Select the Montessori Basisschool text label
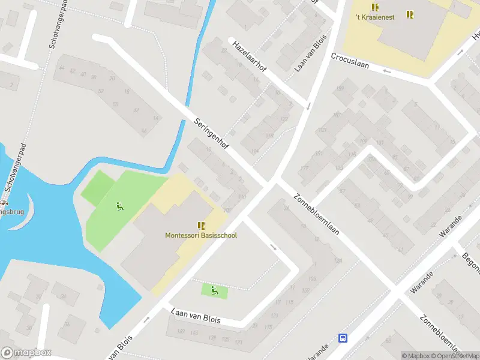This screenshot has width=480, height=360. point(201,235)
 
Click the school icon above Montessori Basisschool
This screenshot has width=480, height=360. point(201,226)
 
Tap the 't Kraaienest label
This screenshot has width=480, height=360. point(375,17)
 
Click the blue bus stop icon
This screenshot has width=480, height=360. point(343,338)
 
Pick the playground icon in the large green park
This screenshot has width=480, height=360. point(119,206)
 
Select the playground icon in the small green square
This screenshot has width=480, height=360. point(214,291)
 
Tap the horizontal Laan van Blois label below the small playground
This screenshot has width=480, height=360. point(196,316)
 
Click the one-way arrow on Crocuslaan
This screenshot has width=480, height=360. point(387,71)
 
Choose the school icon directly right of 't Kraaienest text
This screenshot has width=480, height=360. point(410,14)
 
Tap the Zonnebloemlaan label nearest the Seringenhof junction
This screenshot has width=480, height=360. point(316,215)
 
